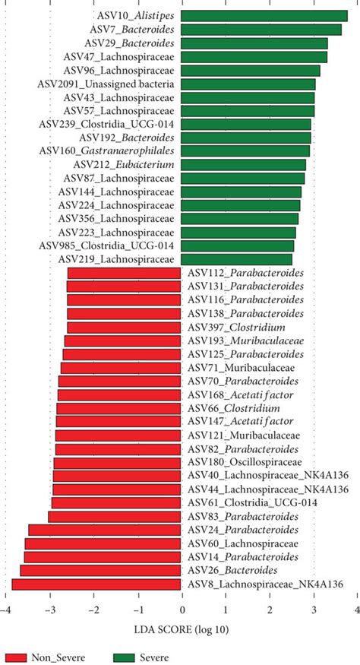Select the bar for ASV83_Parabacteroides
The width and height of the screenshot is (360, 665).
[x=115, y=517]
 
